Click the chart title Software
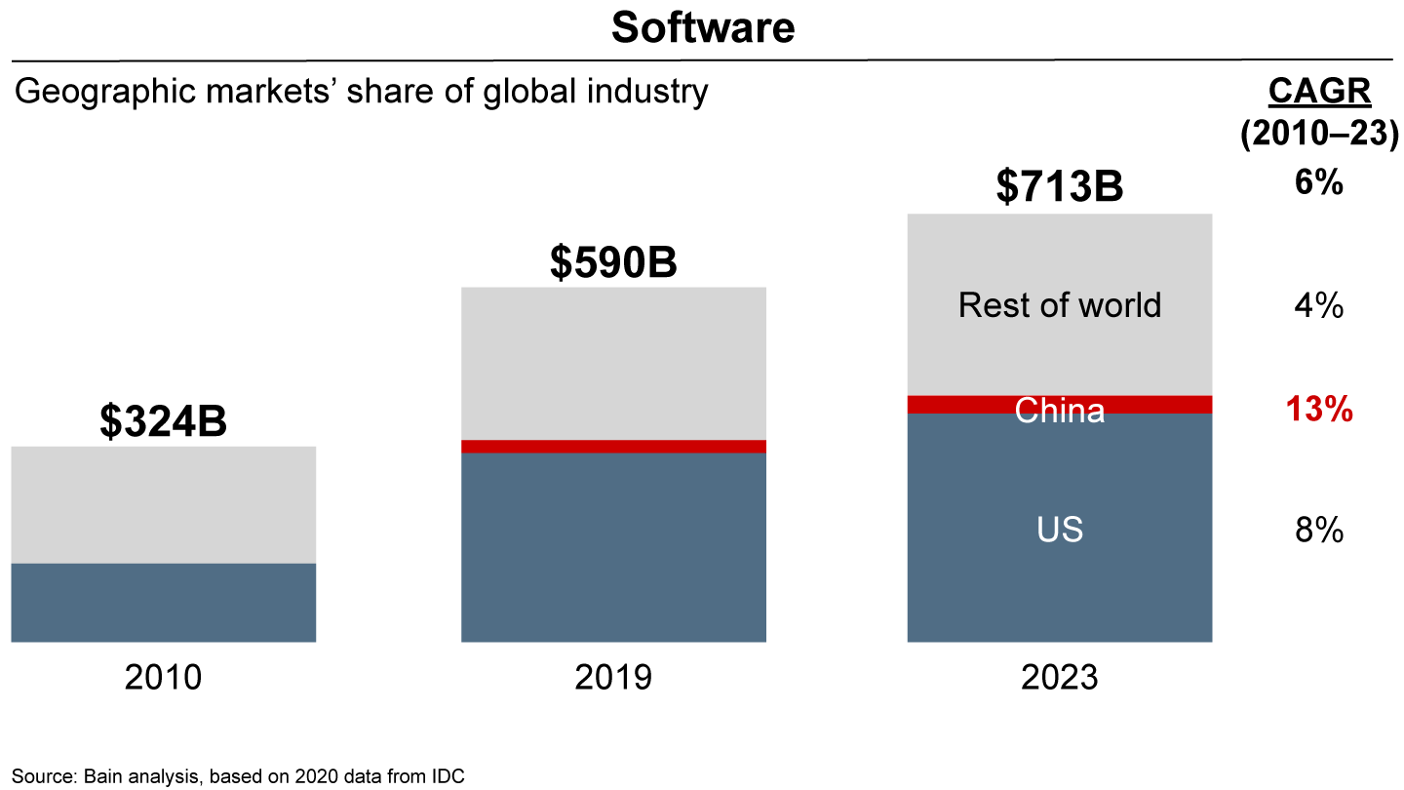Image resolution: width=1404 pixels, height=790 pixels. click(x=702, y=28)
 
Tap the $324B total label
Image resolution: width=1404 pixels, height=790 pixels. click(x=163, y=421)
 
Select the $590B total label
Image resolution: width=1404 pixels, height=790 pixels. click(x=612, y=261)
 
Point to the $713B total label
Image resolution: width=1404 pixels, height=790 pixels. click(x=1059, y=186)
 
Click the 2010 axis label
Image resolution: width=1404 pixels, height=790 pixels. click(x=163, y=677)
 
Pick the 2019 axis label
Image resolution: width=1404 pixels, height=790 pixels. click(x=612, y=677)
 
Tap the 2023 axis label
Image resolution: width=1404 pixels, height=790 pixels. click(x=1059, y=677)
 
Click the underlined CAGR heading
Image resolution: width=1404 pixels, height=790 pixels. click(x=1319, y=92)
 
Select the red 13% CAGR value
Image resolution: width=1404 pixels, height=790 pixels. click(x=1319, y=411)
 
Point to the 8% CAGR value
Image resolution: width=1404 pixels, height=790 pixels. click(x=1319, y=531)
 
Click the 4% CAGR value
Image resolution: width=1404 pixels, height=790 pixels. click(x=1319, y=306)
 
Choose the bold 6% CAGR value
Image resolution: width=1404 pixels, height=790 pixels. click(x=1319, y=181)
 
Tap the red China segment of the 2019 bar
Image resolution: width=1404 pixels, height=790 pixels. click(x=612, y=447)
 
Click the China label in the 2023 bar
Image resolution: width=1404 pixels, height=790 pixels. click(x=1059, y=411)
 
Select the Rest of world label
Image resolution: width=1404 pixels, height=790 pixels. click(x=1059, y=305)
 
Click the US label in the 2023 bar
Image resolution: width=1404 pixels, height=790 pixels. click(x=1059, y=531)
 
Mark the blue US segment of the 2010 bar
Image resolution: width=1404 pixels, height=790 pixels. click(x=163, y=602)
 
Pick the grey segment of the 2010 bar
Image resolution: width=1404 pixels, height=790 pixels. click(x=163, y=504)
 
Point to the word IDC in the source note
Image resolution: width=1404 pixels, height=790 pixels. click(x=449, y=777)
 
